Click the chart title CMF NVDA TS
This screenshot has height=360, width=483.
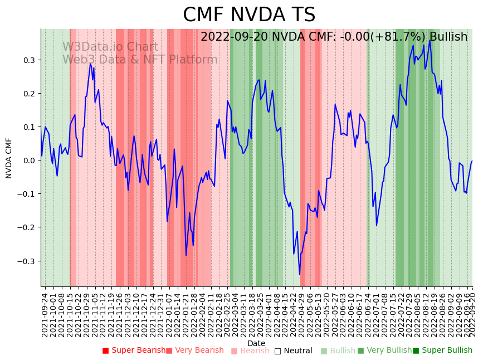click(249, 15)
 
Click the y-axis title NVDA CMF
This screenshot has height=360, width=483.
click(9, 158)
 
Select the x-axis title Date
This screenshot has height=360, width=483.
click(256, 343)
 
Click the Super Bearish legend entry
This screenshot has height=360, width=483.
click(134, 351)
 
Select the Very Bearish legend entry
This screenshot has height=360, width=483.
click(194, 351)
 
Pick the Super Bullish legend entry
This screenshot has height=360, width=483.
click(442, 351)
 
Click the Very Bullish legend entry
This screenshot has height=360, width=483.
click(384, 351)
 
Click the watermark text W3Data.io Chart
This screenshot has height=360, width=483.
click(110, 47)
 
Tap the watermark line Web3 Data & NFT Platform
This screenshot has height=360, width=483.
click(140, 60)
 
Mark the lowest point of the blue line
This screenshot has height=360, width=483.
click(299, 274)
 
